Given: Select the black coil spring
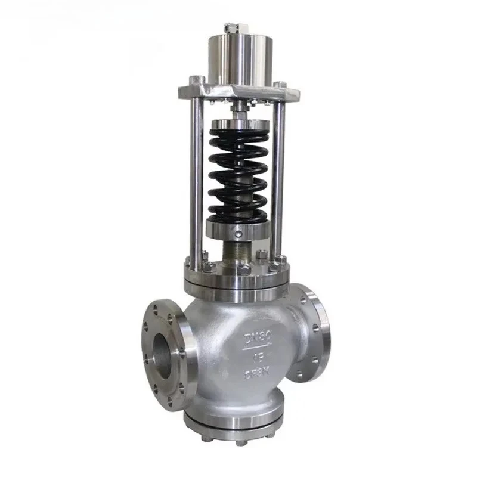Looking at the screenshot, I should (x=238, y=173).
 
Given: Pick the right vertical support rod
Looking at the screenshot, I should (x=278, y=179).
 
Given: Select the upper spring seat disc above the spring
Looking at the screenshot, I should (x=238, y=127).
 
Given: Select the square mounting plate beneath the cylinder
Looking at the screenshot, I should (x=238, y=93).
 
